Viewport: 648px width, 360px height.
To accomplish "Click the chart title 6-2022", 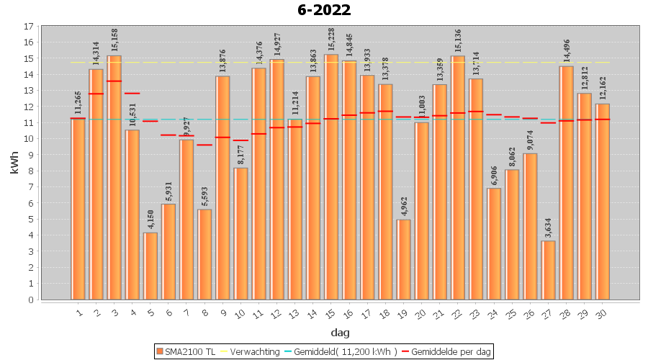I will [324, 10].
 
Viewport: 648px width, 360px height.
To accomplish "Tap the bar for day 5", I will [150, 266].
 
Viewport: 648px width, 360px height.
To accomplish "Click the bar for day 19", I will [404, 259].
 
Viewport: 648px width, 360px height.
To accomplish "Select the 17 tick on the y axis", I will [28, 27].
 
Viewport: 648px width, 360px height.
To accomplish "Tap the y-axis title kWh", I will [14, 163].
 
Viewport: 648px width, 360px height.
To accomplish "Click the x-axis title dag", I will [341, 332].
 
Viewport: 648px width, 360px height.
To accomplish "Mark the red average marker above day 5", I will [150, 121].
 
